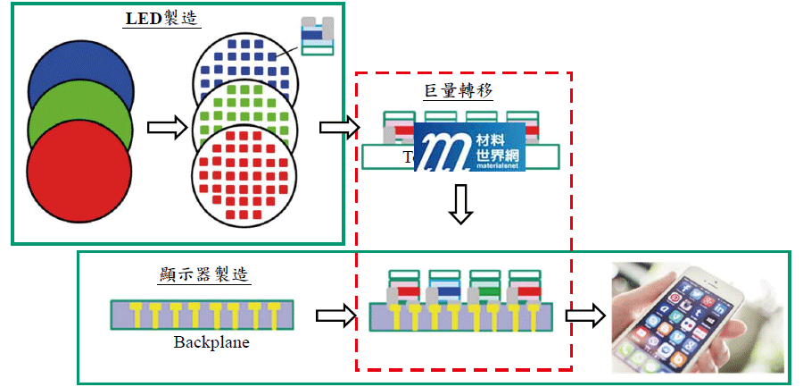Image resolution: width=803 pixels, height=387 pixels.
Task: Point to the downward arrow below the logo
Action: pyautogui.click(x=460, y=204)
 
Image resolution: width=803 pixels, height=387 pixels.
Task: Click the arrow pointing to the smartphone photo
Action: pyautogui.click(x=584, y=315)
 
